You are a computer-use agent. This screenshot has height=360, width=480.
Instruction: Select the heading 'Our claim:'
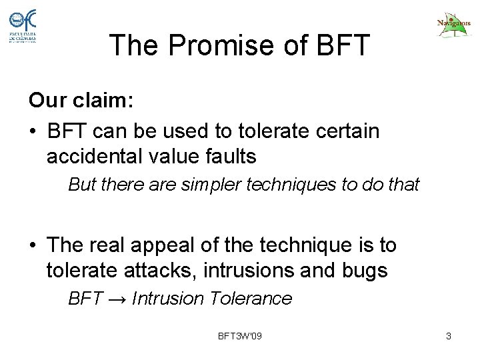[x=81, y=101]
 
